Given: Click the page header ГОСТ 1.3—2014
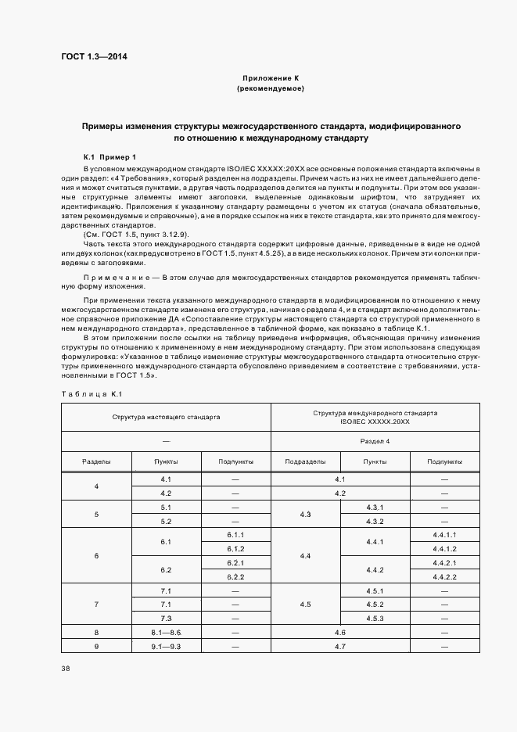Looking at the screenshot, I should (x=94, y=57).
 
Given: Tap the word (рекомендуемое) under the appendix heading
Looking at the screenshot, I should (x=271, y=89).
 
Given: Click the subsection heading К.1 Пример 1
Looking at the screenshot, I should (x=110, y=157).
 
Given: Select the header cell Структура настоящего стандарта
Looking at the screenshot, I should (x=166, y=417).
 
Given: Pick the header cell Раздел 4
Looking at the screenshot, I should (x=375, y=441).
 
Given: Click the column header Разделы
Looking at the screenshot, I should (x=96, y=461).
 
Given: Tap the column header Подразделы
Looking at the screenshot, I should (x=305, y=461).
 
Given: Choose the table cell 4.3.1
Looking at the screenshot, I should (x=375, y=508).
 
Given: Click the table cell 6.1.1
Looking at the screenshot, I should (x=236, y=534).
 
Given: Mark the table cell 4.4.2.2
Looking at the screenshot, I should (x=443, y=576).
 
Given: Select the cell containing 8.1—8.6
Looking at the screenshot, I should (x=166, y=632).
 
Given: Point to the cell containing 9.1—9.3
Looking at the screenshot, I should (x=166, y=646).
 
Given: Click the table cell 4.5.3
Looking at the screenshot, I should (x=375, y=619).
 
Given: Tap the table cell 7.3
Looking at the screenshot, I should (x=166, y=619).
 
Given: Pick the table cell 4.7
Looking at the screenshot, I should (x=339, y=646).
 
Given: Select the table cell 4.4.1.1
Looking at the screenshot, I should (x=443, y=534).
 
